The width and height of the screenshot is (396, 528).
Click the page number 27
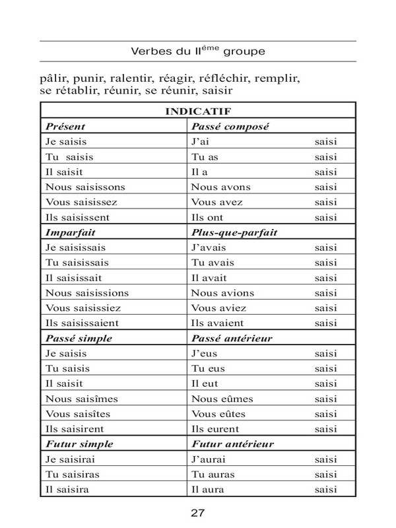[197, 512]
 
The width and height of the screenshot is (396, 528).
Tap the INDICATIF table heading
[197, 111]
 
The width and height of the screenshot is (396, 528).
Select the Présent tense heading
[65, 125]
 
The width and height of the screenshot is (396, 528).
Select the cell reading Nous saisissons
[85, 187]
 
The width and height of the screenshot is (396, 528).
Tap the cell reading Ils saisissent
[82, 217]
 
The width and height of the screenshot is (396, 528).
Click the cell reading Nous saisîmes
[82, 399]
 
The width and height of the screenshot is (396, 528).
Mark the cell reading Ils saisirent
[78, 430]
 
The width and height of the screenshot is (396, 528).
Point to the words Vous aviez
[218, 308]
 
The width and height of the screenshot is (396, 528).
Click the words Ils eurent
[216, 430]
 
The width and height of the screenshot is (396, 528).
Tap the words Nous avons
[220, 187]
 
